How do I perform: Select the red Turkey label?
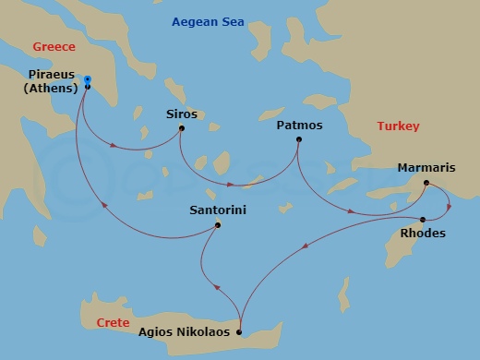pyautogui.click(x=398, y=126)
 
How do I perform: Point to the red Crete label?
pyautogui.click(x=113, y=322)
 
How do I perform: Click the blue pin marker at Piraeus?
pyautogui.click(x=87, y=80)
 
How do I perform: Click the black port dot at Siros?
pyautogui.click(x=181, y=127)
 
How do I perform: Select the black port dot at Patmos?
pyautogui.click(x=298, y=139)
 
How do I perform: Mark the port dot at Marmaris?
pyautogui.click(x=426, y=183)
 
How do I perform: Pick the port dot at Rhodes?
pyautogui.click(x=423, y=219)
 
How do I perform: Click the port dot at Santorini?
pyautogui.click(x=218, y=224)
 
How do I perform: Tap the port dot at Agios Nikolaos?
pyautogui.click(x=239, y=332)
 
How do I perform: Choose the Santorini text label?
pyautogui.click(x=217, y=210)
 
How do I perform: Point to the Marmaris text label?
pyautogui.click(x=426, y=168)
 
